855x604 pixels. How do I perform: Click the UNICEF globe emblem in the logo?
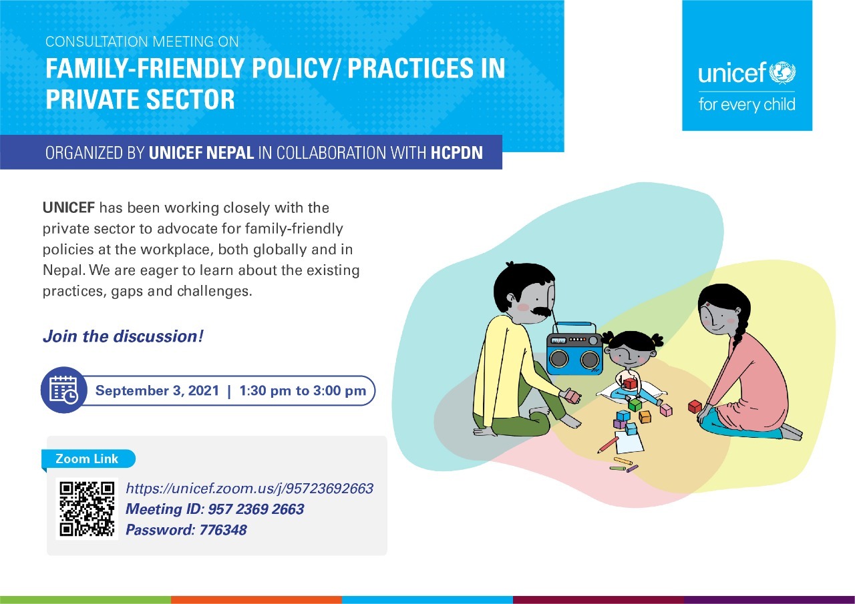(782, 73)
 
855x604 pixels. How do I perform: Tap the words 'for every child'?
(747, 105)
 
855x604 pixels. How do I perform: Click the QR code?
(87, 509)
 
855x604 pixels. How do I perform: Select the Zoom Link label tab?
(88, 459)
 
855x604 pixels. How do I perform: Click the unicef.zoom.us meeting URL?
(250, 489)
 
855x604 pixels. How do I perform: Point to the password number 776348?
(223, 530)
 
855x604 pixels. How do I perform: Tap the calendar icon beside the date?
(63, 390)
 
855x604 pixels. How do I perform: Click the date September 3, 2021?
(157, 390)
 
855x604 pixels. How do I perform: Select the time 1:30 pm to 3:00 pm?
(303, 390)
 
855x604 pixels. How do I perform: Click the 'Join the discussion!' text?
(123, 336)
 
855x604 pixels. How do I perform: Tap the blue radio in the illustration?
(574, 348)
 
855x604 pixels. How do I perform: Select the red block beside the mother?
(695, 406)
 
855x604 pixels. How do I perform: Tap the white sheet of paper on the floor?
(629, 442)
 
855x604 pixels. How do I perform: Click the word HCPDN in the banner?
(457, 153)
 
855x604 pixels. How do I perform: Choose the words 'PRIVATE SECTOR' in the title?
(140, 99)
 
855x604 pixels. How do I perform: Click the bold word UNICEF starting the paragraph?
(69, 208)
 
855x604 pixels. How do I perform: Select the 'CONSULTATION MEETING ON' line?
(142, 41)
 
